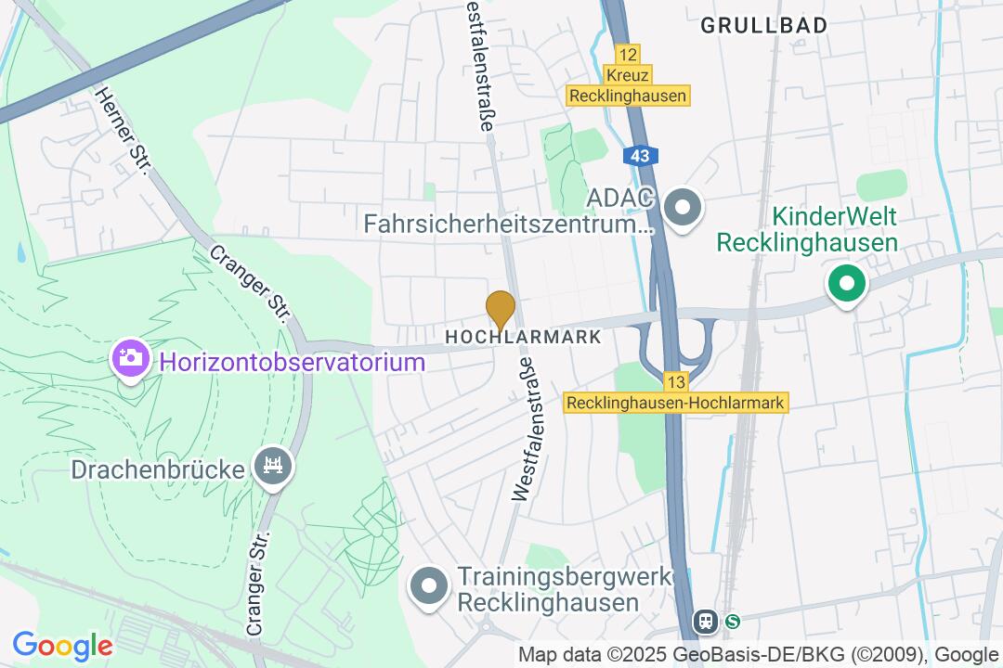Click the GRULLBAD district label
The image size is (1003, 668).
tap(763, 26)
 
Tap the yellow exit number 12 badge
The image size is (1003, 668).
tap(628, 55)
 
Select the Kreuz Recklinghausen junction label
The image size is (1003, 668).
tap(628, 85)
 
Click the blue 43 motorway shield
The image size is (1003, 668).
tap(639, 156)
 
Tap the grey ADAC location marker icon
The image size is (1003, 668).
tap(684, 210)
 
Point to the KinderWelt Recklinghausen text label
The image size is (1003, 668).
tap(807, 230)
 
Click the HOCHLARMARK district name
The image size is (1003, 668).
tap(524, 338)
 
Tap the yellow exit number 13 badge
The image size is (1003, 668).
tap(675, 381)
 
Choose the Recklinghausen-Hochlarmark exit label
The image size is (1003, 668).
tap(676, 404)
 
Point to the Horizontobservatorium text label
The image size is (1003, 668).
tap(293, 362)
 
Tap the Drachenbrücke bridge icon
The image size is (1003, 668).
tap(273, 467)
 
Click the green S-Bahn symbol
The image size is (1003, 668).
tap(733, 622)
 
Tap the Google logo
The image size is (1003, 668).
tap(62, 645)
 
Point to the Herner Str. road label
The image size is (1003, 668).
tap(123, 130)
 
